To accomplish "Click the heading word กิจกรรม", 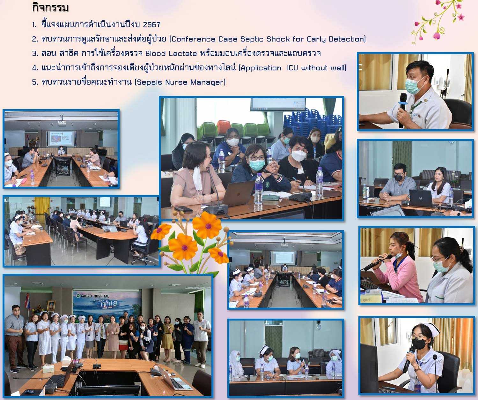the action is point(50,8).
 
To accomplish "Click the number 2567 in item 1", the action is point(151,25).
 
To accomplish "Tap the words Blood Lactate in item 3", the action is point(171,54).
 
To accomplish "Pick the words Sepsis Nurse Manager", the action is point(180,82).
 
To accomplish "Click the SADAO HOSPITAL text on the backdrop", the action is point(95,296).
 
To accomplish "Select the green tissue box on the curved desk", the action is point(48,369).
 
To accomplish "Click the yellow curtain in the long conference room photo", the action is point(42,206).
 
